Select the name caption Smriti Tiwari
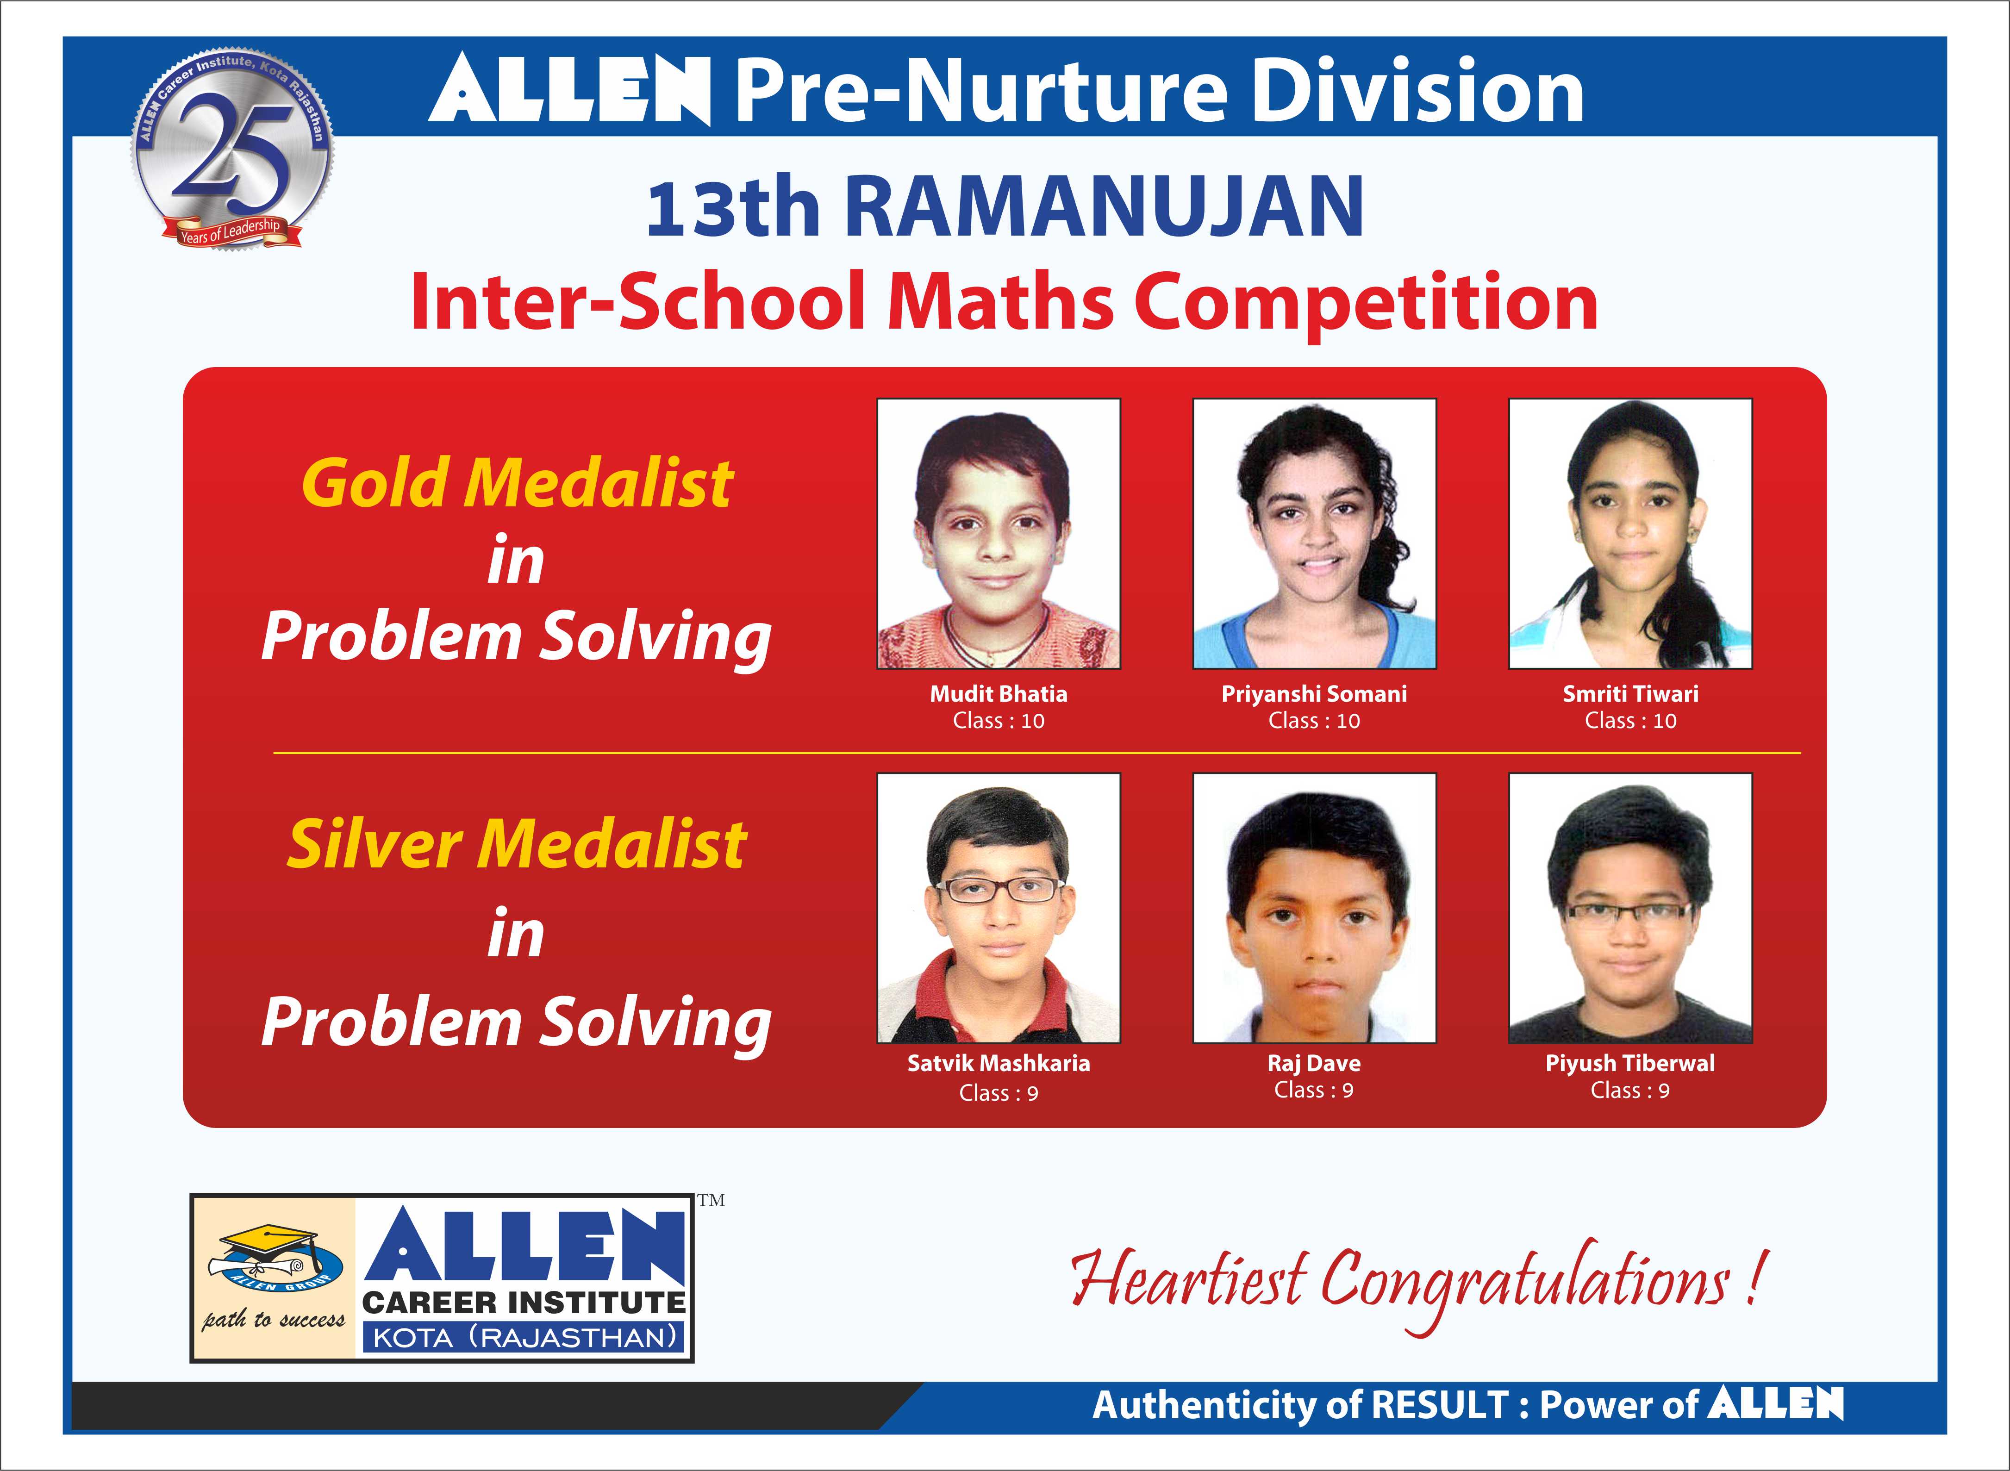(1630, 694)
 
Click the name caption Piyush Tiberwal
(1630, 1063)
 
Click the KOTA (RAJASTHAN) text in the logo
(524, 1337)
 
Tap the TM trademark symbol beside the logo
(711, 1200)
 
